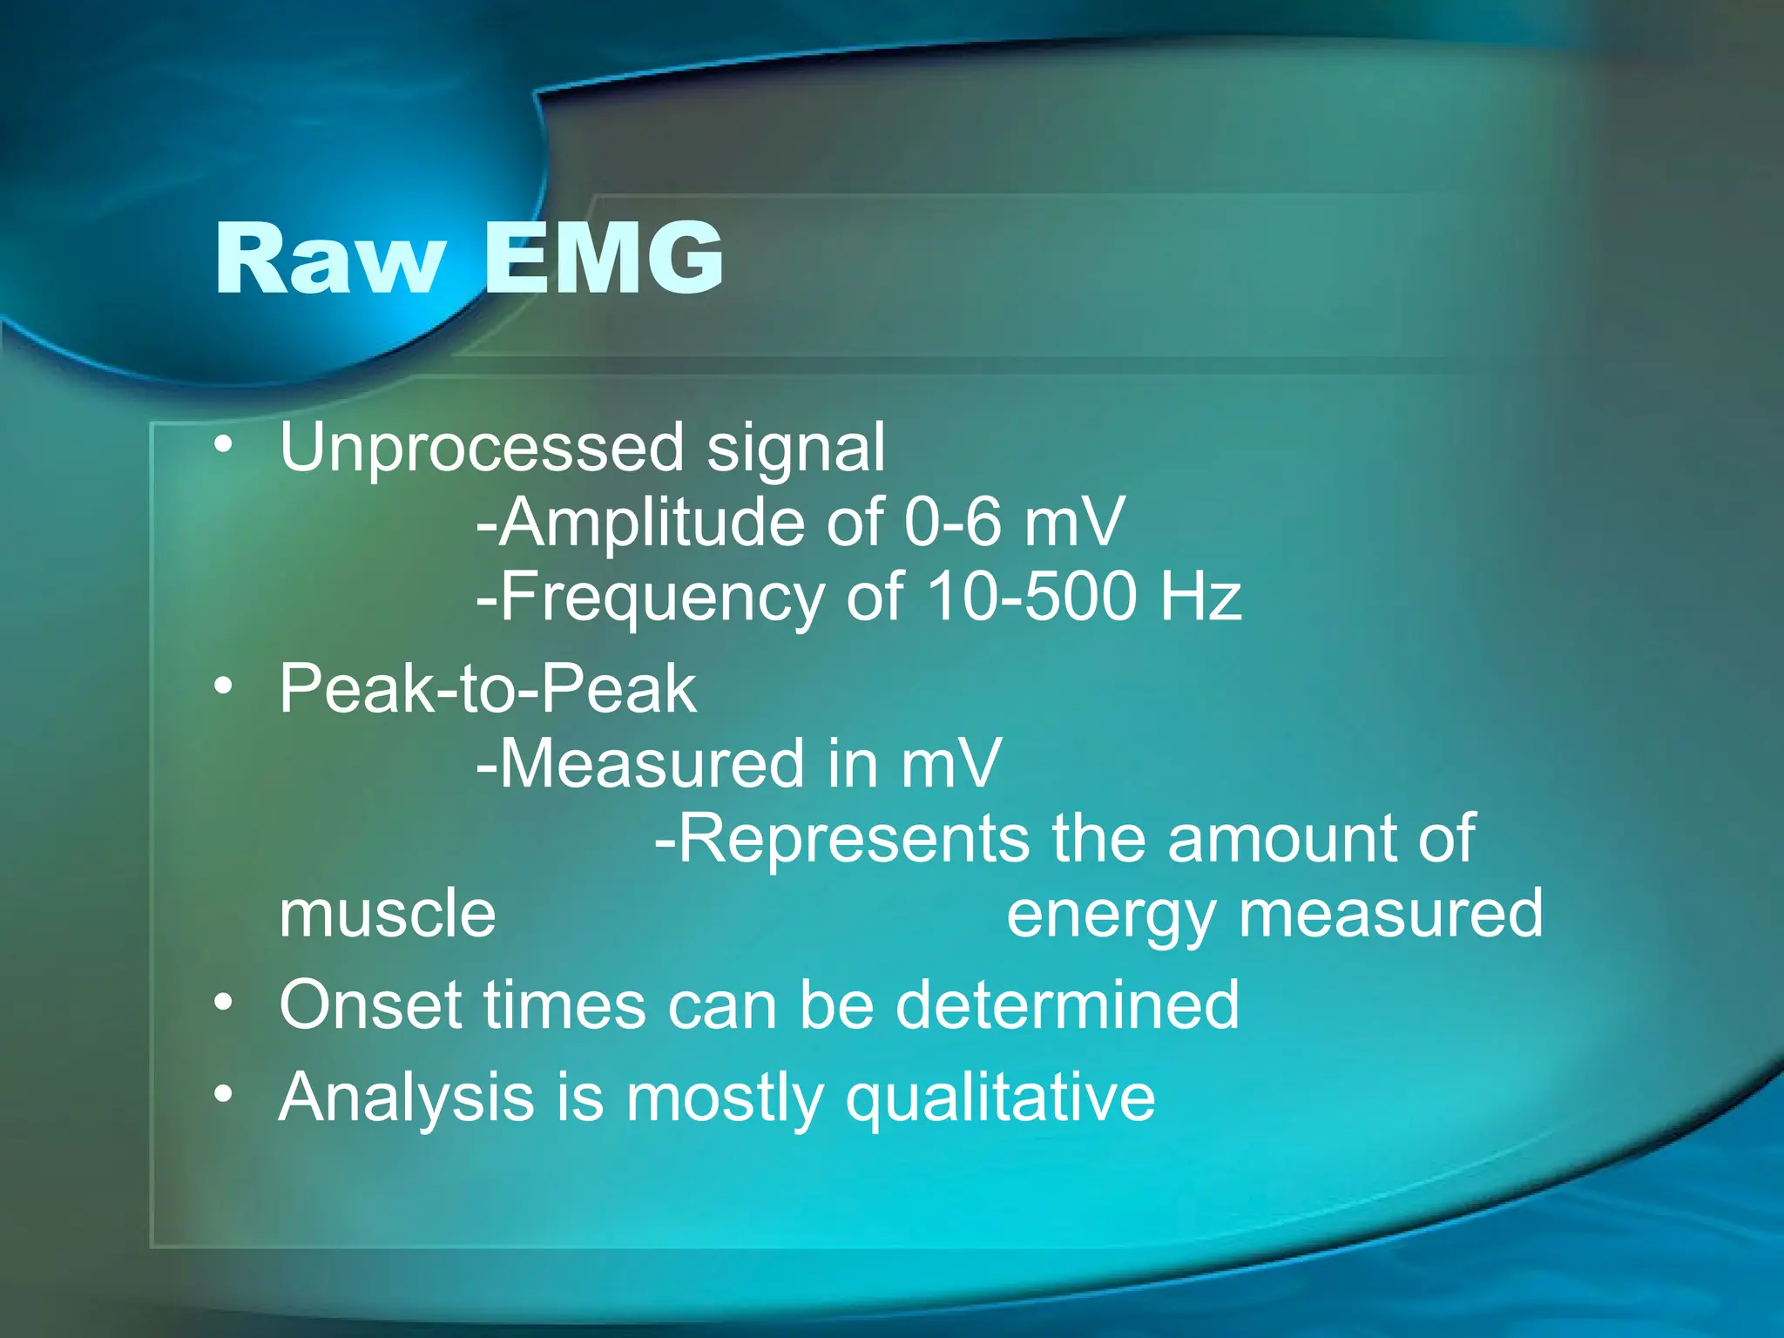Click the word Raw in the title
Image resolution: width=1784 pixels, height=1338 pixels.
pos(329,259)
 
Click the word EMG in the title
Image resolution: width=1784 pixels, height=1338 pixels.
pos(603,259)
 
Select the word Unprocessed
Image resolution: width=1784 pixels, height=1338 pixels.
pos(482,448)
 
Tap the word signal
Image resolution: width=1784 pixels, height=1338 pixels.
pos(795,448)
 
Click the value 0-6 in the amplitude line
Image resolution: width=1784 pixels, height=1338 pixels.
pos(953,523)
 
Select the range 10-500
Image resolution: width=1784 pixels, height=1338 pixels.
pos(1031,598)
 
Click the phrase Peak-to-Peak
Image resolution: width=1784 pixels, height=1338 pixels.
pos(488,689)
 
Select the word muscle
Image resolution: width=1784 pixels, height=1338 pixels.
pos(388,914)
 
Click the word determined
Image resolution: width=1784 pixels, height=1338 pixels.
pos(1067,1005)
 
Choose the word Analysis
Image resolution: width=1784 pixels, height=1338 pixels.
pos(406,1098)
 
